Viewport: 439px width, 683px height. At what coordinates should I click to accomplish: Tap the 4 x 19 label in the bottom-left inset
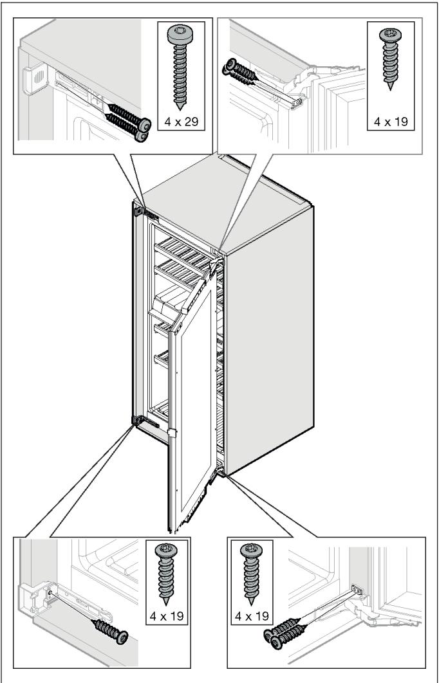click(166, 616)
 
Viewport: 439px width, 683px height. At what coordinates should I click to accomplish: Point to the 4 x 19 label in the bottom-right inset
click(251, 616)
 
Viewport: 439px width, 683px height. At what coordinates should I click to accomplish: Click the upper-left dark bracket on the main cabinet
click(137, 210)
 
